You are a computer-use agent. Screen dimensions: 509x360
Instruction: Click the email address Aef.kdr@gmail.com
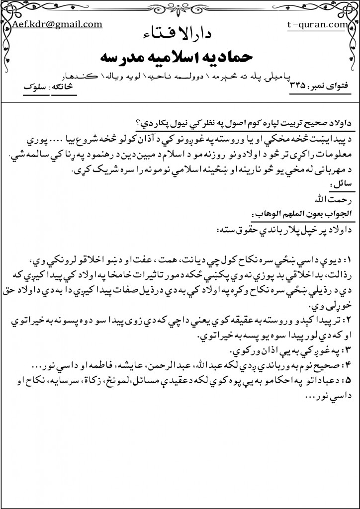pyautogui.click(x=57, y=24)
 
